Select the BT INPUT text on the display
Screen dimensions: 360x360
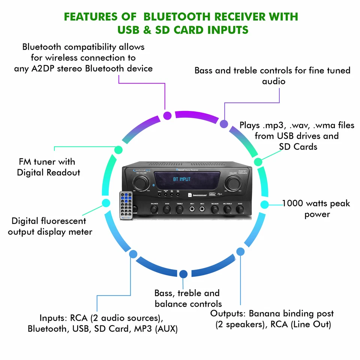[x=182, y=179]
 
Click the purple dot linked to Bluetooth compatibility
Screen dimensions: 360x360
[x=167, y=115]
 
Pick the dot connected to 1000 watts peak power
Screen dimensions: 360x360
[x=264, y=204]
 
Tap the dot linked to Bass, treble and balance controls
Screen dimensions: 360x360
[x=183, y=274]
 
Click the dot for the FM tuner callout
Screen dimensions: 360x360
[x=118, y=149]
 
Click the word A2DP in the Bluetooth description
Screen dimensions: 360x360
[x=70, y=68]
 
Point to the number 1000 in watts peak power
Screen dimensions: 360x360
[x=293, y=204]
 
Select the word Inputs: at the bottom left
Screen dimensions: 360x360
[x=53, y=318]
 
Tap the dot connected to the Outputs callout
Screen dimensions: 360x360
[x=240, y=251]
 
